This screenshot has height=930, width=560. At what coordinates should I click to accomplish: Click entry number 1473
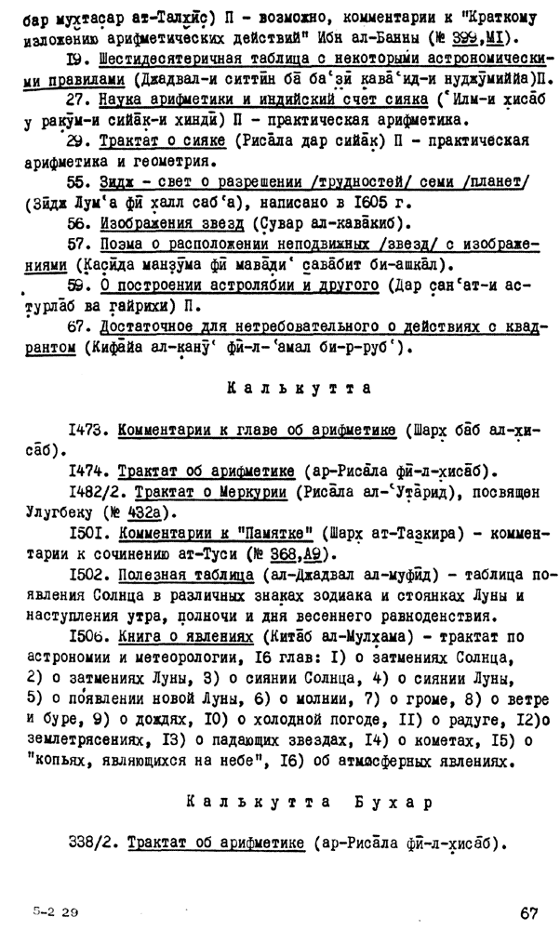pyautogui.click(x=89, y=432)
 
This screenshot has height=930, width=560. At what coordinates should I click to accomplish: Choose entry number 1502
pyautogui.click(x=89, y=575)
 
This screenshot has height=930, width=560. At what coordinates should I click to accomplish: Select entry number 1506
pyautogui.click(x=89, y=635)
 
